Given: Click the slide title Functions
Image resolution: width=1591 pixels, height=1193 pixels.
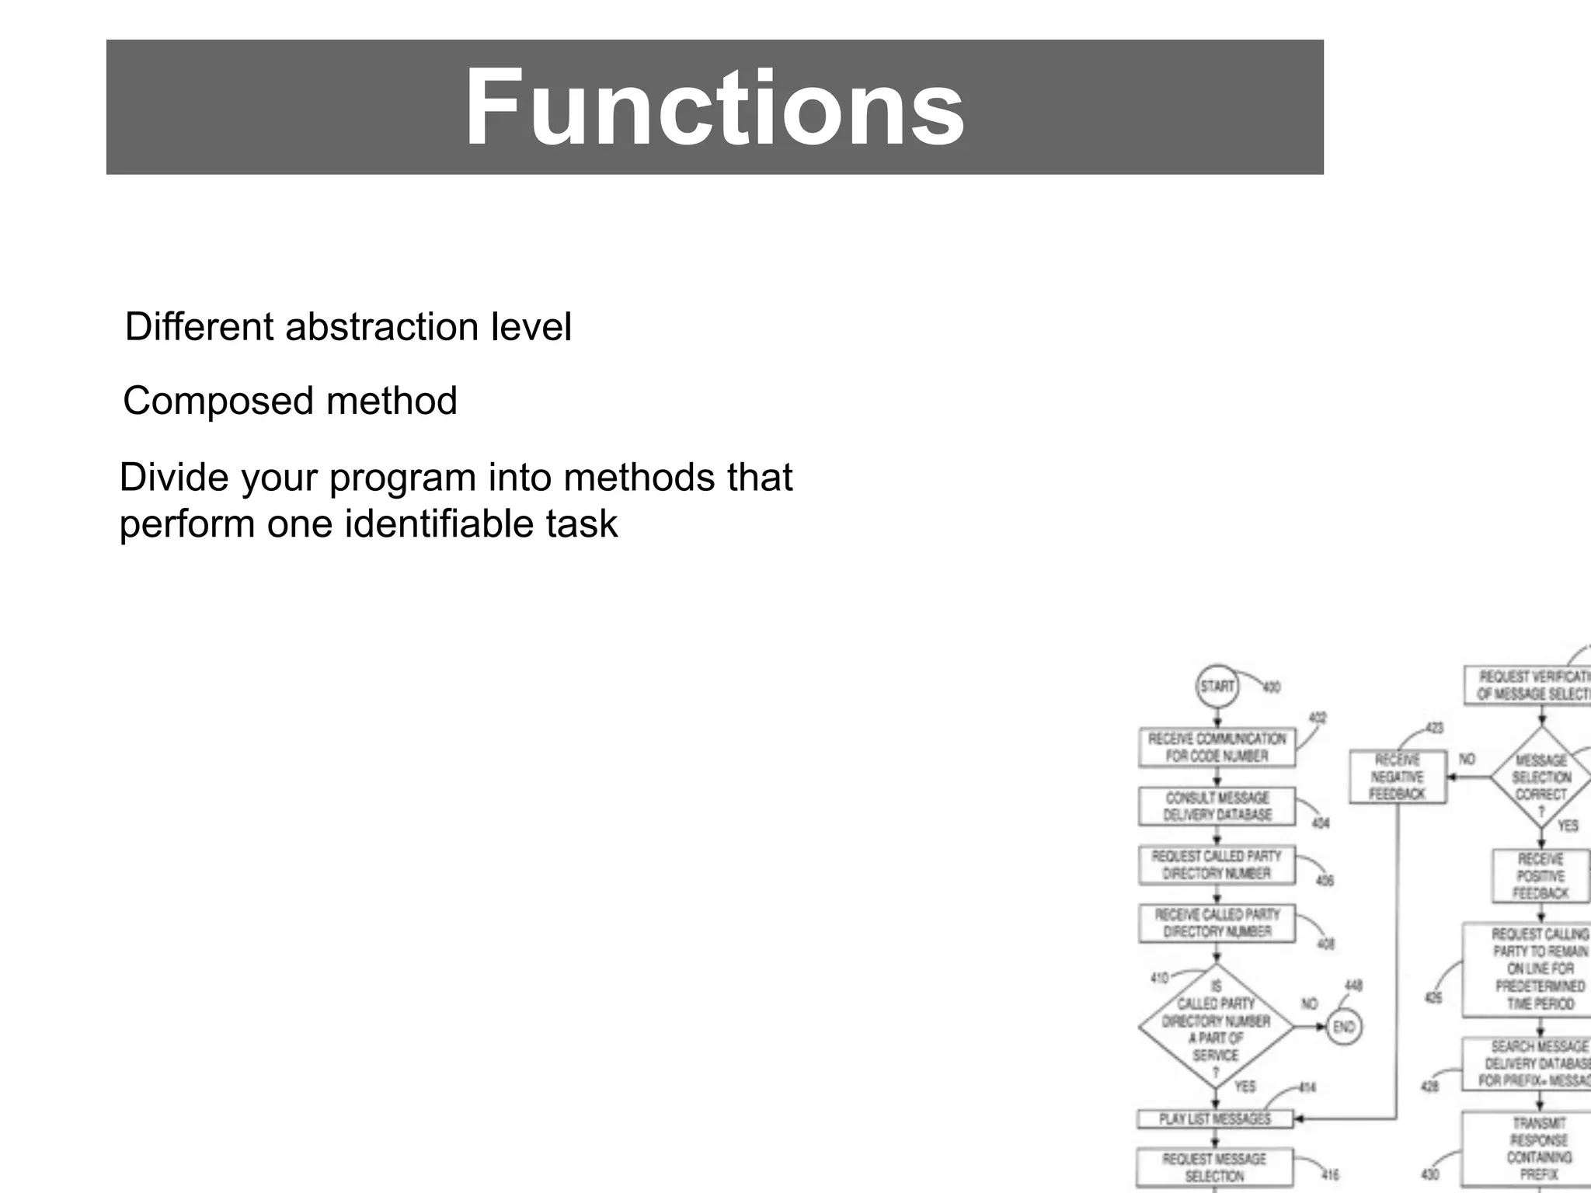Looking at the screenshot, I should click(714, 108).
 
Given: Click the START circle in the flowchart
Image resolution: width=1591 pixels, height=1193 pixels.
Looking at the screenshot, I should click(1217, 686).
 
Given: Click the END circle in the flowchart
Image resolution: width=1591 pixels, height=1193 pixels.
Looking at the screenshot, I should click(1344, 1027).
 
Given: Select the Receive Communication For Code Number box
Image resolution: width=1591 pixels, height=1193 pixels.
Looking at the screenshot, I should click(1217, 747).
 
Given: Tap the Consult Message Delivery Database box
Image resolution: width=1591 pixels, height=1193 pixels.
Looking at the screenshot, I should click(1217, 806).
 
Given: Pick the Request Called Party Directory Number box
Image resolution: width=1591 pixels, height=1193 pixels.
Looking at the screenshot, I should click(1217, 864).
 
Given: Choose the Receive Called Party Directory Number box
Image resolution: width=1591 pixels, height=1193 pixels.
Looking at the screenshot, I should click(1217, 923).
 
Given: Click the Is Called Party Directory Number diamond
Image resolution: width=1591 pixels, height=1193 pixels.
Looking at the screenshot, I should click(1216, 1028).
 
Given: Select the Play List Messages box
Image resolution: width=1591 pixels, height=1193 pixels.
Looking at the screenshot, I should click(1215, 1118).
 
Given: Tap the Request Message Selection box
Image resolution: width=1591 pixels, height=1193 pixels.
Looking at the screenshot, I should click(1214, 1167).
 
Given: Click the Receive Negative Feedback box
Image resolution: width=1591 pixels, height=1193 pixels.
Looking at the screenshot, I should click(1398, 777).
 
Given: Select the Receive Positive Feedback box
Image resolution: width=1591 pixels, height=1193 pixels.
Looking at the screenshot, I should click(1541, 876).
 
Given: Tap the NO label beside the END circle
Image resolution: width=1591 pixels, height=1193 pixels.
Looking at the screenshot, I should click(1310, 1003).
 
